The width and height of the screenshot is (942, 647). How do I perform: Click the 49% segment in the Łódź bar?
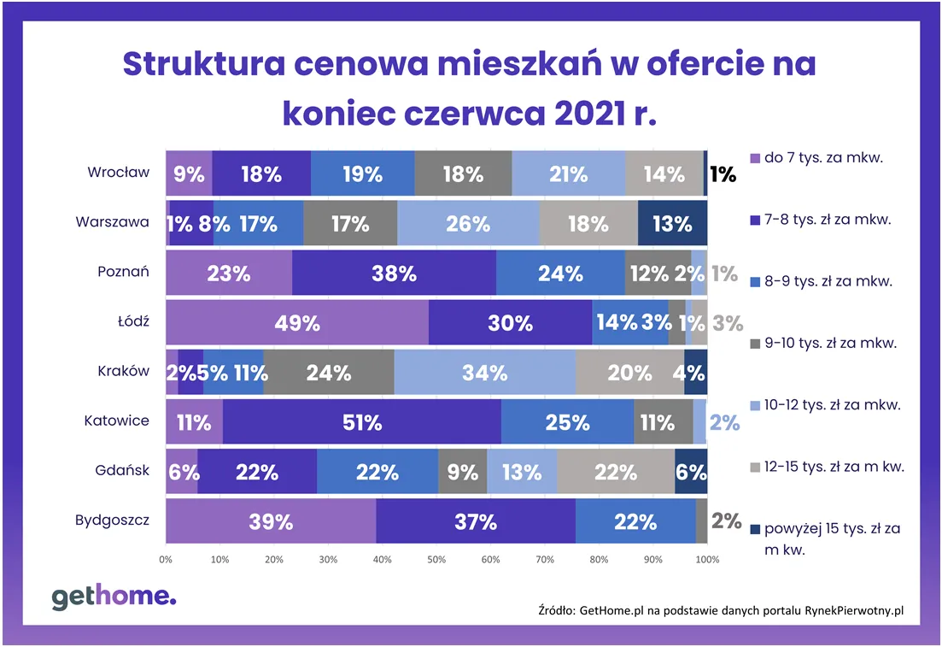pos(296,323)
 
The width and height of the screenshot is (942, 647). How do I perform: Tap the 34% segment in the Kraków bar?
pos(484,373)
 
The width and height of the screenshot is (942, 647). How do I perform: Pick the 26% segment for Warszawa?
pos(468,224)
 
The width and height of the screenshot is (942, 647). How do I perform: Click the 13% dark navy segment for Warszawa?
pos(672,224)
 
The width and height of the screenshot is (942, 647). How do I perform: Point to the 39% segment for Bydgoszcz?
pos(271,521)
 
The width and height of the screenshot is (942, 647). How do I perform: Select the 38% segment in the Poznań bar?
pos(394,274)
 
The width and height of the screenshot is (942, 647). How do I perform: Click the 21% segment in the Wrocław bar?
pos(568,174)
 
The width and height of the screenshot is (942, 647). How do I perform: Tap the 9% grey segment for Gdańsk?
pos(462,472)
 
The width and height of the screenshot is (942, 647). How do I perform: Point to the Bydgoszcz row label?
pos(112,520)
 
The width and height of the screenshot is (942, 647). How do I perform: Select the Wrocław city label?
pos(118,172)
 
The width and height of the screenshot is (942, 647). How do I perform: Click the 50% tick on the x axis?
pos(436,561)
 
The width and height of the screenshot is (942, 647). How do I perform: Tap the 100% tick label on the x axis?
pos(706,561)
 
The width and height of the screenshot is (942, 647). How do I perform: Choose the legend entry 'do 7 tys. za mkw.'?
pos(824,157)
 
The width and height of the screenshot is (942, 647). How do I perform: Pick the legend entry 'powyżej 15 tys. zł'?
pos(833,528)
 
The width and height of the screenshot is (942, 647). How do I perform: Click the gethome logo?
pos(114,597)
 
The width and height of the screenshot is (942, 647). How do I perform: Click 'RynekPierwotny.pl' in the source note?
pos(854,610)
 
